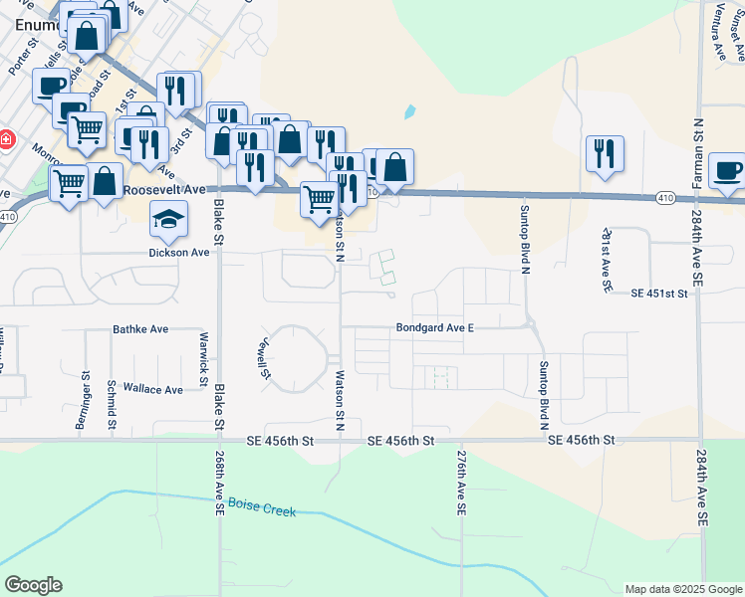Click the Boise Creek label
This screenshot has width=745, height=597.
[262, 507]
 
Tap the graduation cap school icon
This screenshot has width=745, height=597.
[168, 221]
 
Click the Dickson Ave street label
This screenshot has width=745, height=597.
[180, 253]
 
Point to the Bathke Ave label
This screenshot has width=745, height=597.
[140, 328]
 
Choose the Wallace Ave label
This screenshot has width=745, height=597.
[152, 389]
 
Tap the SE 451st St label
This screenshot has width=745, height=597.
[660, 294]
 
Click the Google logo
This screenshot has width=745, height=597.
[33, 585]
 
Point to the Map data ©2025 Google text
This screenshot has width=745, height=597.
[682, 589]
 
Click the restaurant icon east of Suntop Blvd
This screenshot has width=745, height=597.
[605, 154]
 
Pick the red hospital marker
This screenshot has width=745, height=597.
[5, 139]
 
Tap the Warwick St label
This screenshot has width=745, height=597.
[202, 358]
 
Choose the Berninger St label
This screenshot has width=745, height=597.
[83, 401]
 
